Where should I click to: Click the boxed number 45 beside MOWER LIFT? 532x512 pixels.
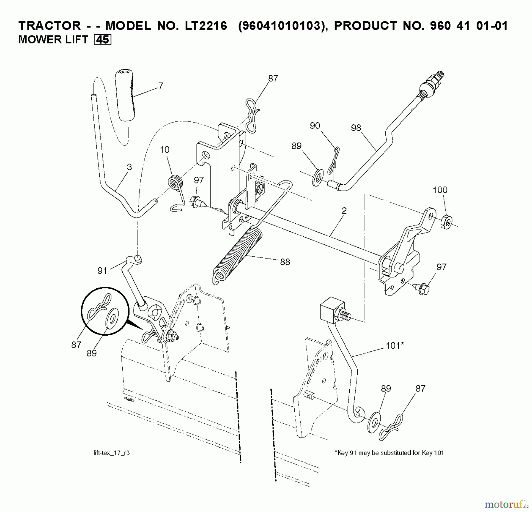click(x=102, y=40)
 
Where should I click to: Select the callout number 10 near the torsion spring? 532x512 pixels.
click(x=165, y=150)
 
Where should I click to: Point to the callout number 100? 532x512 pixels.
click(x=440, y=190)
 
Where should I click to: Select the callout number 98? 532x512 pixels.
click(x=356, y=128)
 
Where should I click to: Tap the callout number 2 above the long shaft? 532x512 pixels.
click(x=344, y=211)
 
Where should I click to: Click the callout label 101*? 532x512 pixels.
click(x=395, y=345)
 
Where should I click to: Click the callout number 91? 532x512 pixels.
click(x=102, y=271)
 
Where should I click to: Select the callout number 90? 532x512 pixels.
click(x=315, y=126)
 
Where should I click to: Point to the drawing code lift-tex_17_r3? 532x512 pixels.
click(x=111, y=453)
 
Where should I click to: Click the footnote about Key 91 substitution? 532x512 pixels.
click(x=389, y=453)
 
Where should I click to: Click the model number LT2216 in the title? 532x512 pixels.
click(x=202, y=26)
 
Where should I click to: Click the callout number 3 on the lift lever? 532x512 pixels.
click(x=129, y=167)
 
